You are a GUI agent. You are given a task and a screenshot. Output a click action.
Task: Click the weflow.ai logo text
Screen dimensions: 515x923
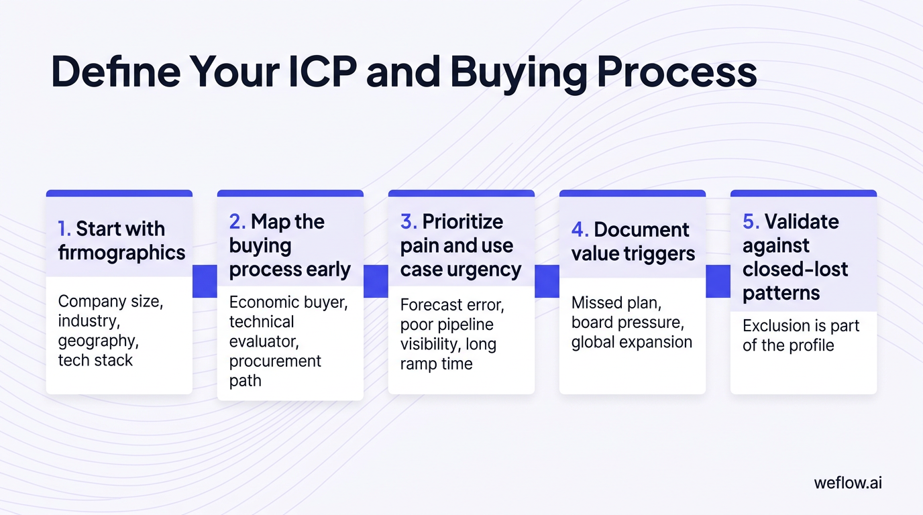(x=848, y=483)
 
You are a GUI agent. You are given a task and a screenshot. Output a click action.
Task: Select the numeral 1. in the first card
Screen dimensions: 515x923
(x=64, y=229)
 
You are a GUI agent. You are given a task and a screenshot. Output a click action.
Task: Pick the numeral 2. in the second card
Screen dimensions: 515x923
(x=237, y=222)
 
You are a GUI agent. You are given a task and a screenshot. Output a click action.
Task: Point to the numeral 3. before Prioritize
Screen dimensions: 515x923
(x=409, y=222)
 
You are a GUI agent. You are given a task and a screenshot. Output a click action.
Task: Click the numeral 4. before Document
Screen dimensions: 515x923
(x=580, y=229)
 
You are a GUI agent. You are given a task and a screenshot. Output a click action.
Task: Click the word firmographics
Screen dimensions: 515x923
(x=121, y=253)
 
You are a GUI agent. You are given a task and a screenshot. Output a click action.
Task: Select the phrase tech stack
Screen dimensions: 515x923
(x=95, y=360)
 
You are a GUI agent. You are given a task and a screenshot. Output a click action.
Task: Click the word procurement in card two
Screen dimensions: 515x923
(x=275, y=361)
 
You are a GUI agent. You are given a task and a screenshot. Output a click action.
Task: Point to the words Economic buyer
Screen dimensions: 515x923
(x=288, y=302)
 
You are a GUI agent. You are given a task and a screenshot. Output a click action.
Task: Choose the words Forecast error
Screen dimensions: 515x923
(x=451, y=305)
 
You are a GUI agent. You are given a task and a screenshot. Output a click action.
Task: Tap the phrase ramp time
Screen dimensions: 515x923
(x=436, y=364)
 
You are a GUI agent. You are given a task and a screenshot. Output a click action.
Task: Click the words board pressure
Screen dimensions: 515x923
(x=627, y=323)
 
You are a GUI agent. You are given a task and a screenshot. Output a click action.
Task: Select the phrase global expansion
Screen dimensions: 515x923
(x=631, y=342)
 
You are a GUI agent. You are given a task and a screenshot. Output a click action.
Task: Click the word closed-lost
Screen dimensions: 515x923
(x=795, y=270)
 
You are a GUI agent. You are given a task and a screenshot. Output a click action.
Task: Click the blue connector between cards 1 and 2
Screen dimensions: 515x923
(x=205, y=281)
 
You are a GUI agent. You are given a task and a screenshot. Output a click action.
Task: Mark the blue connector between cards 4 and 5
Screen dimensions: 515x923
(x=718, y=281)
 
